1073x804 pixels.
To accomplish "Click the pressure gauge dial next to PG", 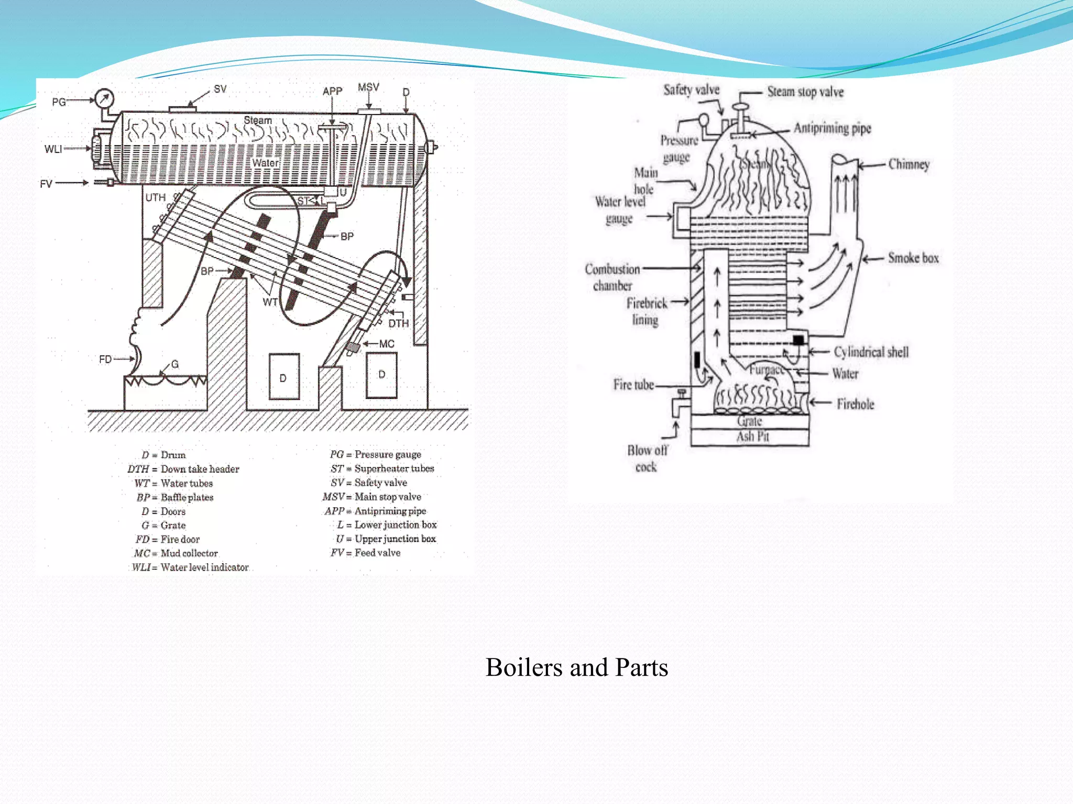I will click(104, 98).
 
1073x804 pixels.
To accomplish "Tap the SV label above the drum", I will click(220, 89).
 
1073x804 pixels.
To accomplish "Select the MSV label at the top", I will click(368, 87).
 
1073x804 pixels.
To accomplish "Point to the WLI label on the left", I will click(53, 149).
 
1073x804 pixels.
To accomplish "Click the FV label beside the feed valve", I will click(46, 184).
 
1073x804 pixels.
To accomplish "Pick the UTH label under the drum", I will click(155, 197).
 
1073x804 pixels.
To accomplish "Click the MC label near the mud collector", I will click(387, 344).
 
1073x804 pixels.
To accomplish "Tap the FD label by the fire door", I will click(105, 359).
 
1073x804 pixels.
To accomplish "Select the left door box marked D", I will click(284, 377).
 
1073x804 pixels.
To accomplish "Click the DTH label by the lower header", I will click(398, 323).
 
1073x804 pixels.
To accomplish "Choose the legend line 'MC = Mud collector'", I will click(176, 553).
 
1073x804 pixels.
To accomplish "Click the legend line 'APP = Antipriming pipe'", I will click(375, 511).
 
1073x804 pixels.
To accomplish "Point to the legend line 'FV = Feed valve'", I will click(365, 553).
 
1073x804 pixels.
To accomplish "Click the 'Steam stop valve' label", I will click(805, 92).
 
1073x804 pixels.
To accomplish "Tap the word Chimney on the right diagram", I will click(909, 164).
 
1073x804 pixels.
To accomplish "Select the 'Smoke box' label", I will click(913, 258).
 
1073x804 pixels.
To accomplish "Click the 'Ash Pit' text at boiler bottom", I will click(752, 437).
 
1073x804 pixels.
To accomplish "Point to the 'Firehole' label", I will click(855, 404).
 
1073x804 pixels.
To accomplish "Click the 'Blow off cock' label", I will click(647, 459).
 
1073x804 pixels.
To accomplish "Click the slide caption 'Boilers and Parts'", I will click(576, 667).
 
